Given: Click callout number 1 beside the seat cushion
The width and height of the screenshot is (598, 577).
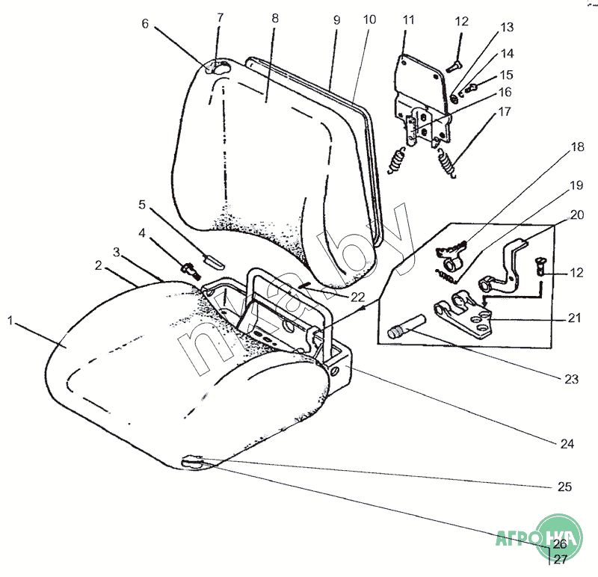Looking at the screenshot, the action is point(10,320).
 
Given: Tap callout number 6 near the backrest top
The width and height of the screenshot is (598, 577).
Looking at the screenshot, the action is point(145,24).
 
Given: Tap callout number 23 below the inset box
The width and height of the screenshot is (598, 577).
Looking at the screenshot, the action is point(571,379).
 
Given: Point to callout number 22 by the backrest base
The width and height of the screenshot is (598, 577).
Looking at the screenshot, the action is point(357,297).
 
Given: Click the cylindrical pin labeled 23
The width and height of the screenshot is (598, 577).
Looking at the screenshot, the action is point(405,326).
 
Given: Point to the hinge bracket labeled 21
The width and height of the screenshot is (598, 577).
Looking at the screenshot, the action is point(465,315).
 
